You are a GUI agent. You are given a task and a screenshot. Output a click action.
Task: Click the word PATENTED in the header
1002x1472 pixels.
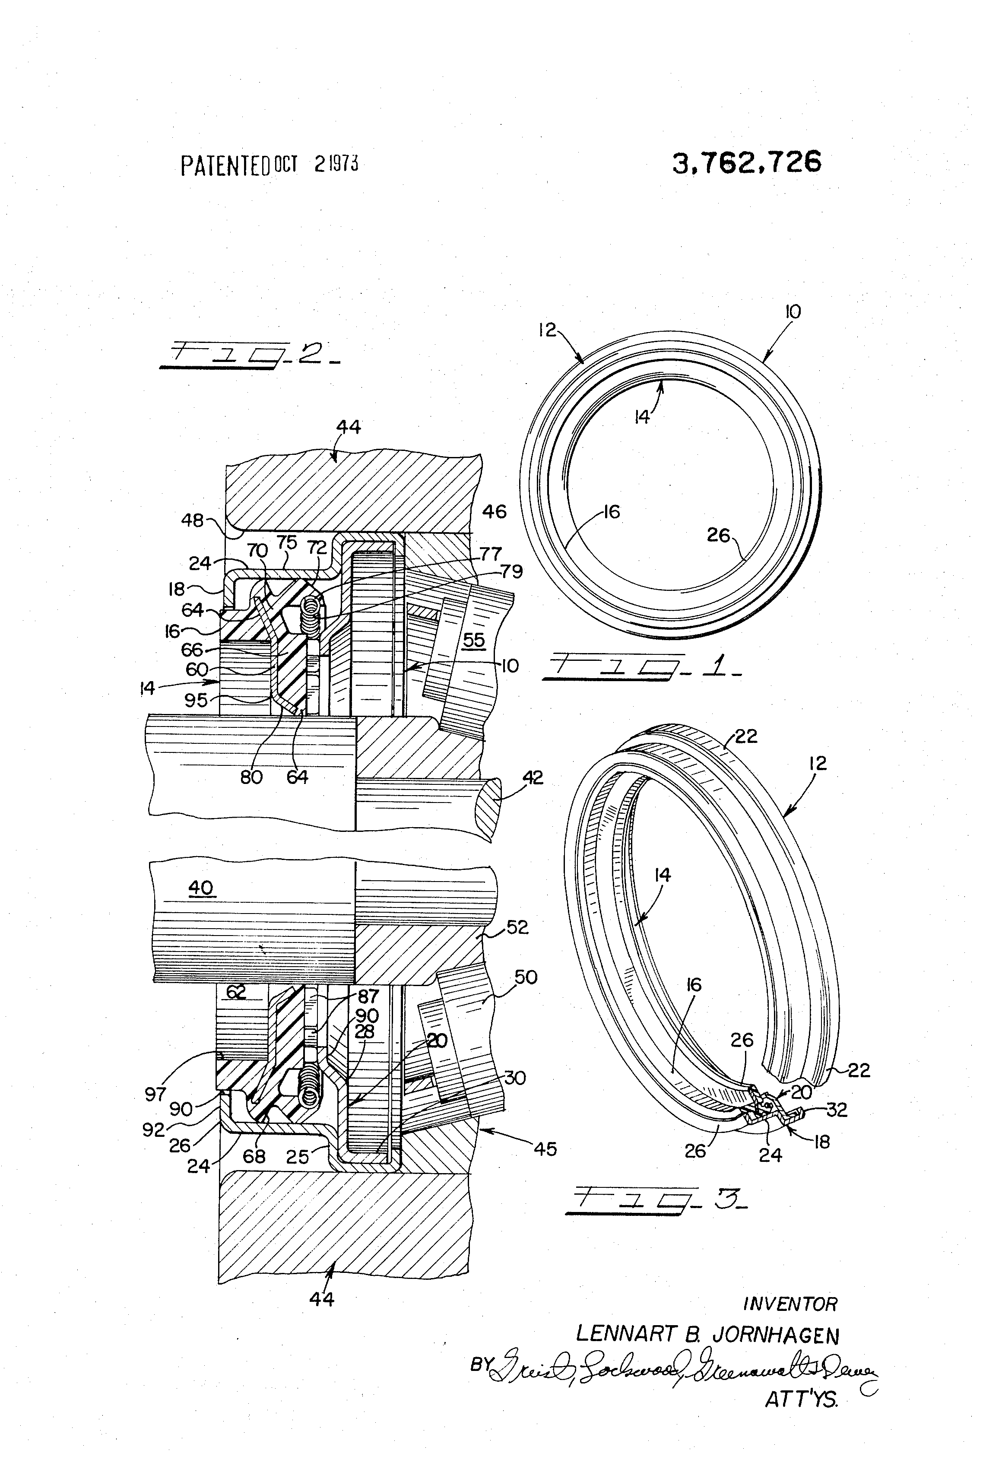226,166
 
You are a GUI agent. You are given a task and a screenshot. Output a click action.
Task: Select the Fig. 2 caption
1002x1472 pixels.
250,355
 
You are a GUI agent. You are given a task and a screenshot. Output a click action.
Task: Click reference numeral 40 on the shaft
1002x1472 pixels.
201,888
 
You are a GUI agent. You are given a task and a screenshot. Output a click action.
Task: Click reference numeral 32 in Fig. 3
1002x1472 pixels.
837,1110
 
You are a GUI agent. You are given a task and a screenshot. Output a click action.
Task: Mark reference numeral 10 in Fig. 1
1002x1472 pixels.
793,311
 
